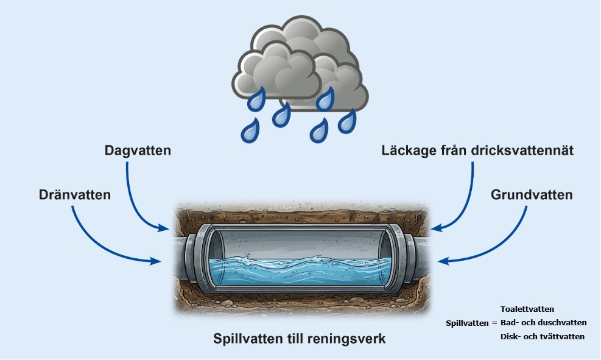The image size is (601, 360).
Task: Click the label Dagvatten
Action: tap(137, 150)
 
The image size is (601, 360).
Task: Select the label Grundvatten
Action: tap(532, 196)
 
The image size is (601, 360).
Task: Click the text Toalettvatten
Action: tap(527, 309)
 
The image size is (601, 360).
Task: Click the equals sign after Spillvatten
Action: tap(494, 323)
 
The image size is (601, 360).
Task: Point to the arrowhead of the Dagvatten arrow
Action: tap(164, 229)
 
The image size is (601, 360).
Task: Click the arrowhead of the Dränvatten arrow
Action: tap(156, 262)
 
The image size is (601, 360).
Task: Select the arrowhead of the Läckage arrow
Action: tap(436, 229)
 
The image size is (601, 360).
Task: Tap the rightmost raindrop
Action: tap(347, 121)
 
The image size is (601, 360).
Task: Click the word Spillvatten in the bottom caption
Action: tap(247, 339)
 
